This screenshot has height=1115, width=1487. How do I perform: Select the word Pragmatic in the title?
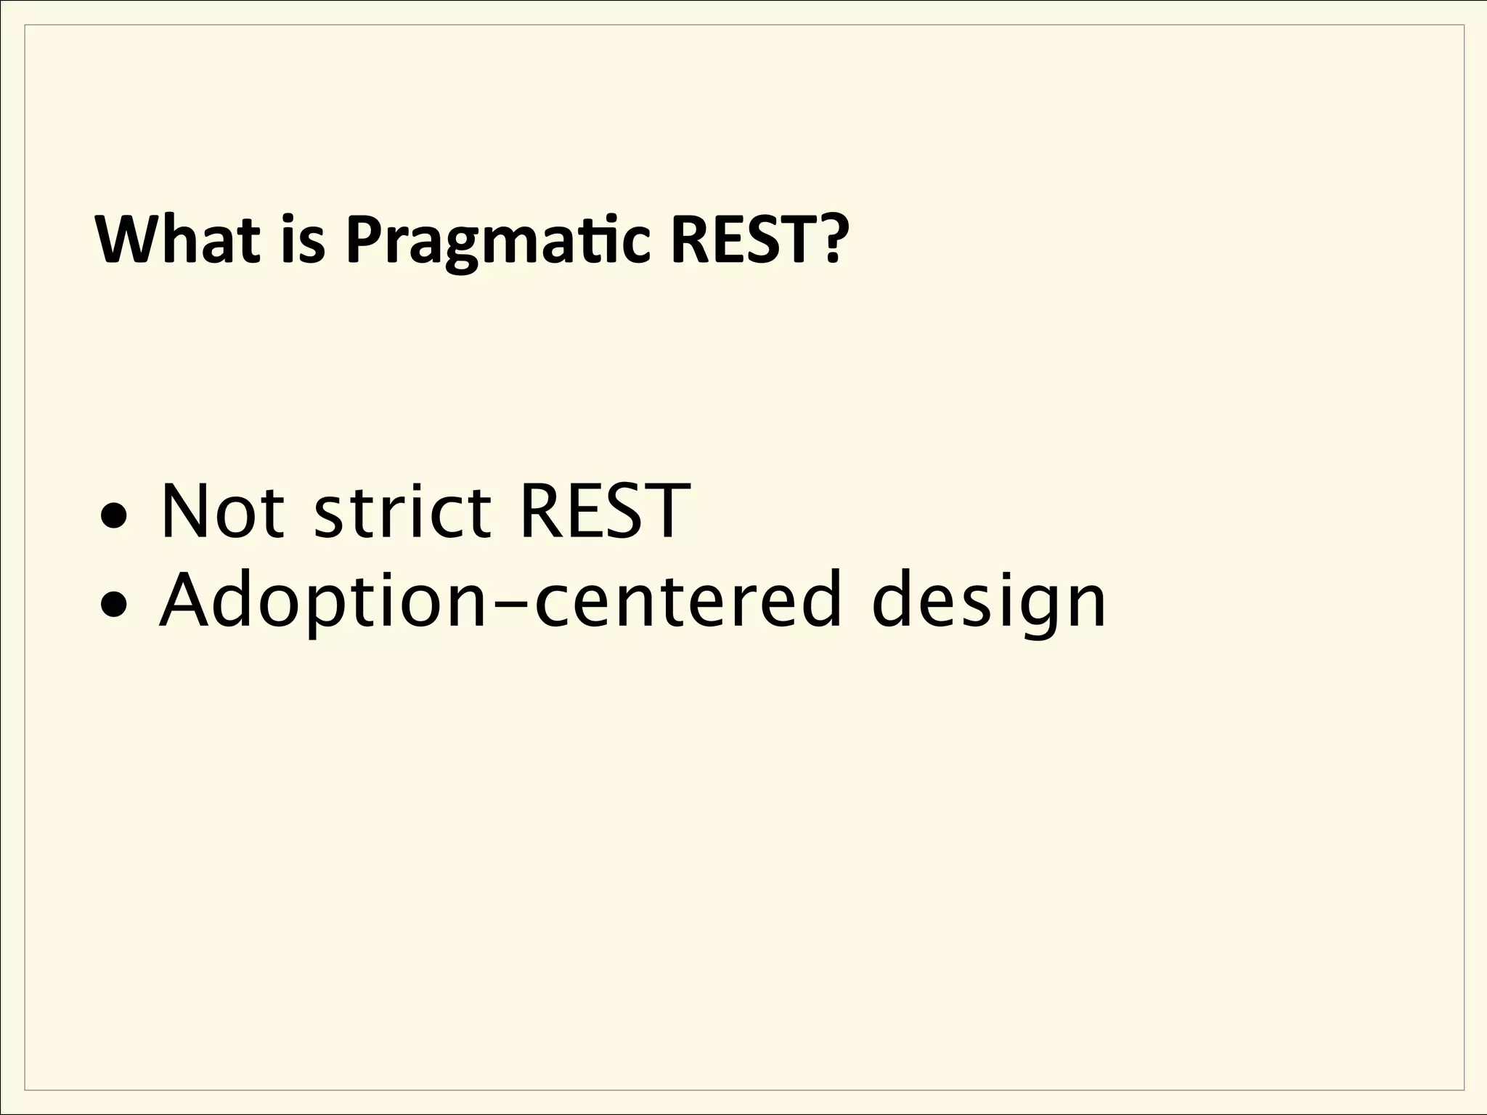click(x=497, y=242)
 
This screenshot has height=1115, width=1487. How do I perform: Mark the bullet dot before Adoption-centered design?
click(x=116, y=603)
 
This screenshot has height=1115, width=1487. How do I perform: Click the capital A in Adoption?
click(x=186, y=600)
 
